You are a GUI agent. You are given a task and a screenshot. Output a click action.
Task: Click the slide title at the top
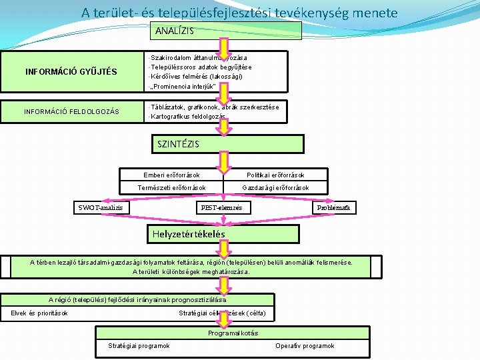click(239, 12)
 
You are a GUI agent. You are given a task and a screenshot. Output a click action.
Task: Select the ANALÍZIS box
click(227, 31)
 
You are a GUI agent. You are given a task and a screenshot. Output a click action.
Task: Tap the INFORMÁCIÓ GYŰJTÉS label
click(71, 72)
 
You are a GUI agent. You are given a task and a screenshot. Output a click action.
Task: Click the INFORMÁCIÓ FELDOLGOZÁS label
click(71, 111)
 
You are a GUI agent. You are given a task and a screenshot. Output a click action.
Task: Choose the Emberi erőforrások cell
click(171, 175)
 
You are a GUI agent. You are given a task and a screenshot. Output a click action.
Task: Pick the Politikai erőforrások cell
click(275, 175)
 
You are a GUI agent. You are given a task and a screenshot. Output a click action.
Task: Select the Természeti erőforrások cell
click(171, 188)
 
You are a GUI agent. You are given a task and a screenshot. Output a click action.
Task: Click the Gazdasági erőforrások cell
click(275, 188)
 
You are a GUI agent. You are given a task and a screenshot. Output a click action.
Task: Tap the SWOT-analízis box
click(101, 208)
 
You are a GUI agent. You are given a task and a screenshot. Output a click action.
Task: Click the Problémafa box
click(336, 208)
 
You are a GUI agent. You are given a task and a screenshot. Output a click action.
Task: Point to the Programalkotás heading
click(233, 333)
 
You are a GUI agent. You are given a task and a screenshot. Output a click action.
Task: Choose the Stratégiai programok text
click(139, 346)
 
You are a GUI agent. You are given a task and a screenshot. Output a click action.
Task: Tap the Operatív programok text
click(305, 346)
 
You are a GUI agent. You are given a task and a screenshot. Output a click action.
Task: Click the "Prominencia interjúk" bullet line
click(181, 87)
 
